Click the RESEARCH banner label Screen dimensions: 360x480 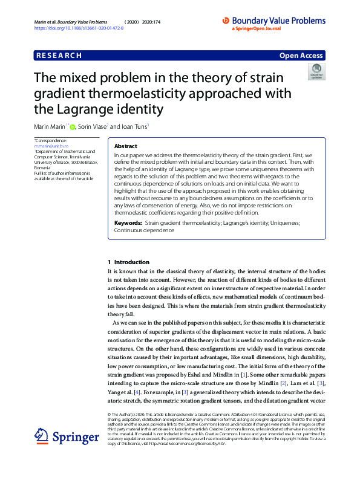pyautogui.click(x=59, y=56)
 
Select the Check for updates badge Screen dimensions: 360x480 pyautogui.click(x=316, y=71)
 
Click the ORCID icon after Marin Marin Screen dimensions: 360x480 pyautogui.click(x=73, y=127)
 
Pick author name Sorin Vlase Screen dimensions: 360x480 pyautogui.click(x=93, y=127)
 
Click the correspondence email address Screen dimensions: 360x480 pyautogui.click(x=51, y=146)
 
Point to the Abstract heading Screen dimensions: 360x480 pyautogui.click(x=125, y=146)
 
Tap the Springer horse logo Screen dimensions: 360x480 pyautogui.click(x=42, y=435)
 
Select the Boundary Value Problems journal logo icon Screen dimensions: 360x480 pyautogui.click(x=226, y=20)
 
